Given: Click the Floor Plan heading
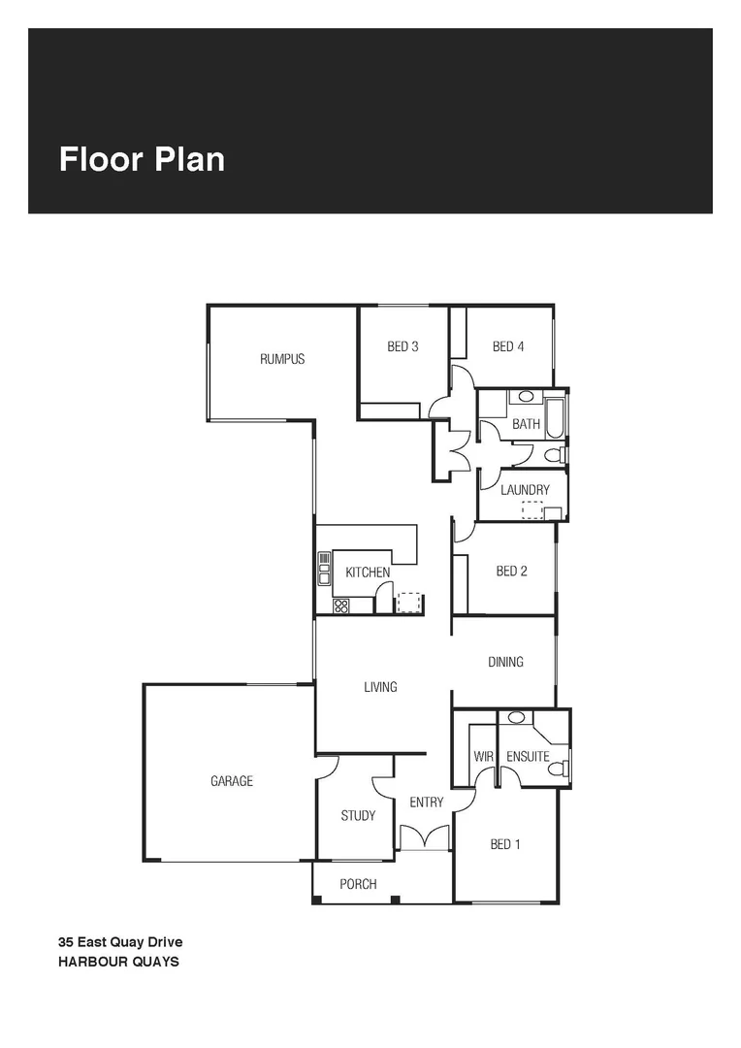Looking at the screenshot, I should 142,159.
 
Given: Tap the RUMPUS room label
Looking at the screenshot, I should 282,359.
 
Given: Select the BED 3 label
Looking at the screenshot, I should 403,346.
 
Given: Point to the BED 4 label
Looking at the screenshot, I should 508,346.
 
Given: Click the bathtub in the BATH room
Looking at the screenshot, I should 556,416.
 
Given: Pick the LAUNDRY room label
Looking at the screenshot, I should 525,490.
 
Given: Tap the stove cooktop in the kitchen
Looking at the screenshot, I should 340,606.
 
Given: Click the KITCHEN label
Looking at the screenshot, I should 368,573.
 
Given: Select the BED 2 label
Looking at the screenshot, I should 511,572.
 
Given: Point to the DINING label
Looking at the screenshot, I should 505,662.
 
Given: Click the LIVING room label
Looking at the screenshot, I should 380,687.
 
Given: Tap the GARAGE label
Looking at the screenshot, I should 232,781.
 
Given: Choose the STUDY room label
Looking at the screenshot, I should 358,816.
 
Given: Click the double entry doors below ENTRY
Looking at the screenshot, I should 425,837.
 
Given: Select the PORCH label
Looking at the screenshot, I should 358,884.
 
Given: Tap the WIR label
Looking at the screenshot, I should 484,757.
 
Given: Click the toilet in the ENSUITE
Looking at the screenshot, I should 557,769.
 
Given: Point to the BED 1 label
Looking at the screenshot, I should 505,844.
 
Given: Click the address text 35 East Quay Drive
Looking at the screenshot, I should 120,941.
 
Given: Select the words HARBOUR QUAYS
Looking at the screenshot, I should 118,963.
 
